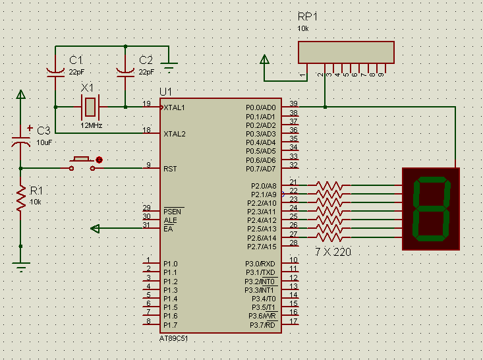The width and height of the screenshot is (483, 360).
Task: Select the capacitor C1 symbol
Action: tap(55, 71)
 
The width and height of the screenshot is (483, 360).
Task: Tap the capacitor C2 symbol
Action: tap(125, 71)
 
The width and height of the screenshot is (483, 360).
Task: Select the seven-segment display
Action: tap(431, 208)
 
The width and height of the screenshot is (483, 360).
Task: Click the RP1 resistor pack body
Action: tap(346, 52)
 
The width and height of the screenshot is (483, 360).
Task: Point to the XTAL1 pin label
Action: tap(174, 107)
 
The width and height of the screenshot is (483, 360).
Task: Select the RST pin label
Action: tap(170, 169)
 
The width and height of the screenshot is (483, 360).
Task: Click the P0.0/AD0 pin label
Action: tap(261, 107)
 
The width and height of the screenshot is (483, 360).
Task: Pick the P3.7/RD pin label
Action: tap(262, 325)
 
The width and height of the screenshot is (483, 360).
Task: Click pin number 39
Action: tap(293, 104)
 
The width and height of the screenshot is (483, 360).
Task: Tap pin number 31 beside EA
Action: tap(146, 225)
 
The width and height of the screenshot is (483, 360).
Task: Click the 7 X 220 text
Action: tap(333, 252)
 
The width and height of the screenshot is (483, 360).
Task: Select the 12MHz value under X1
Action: tap(92, 125)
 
